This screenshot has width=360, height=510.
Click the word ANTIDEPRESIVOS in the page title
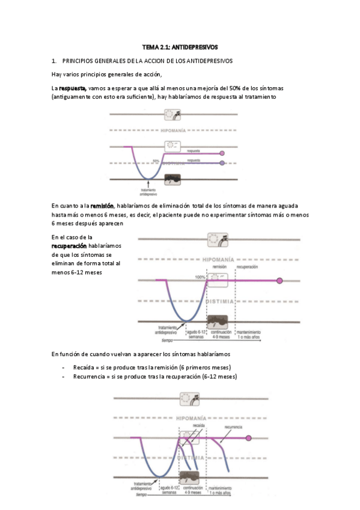(x=198, y=46)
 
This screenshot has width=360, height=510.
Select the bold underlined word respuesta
(x=72, y=88)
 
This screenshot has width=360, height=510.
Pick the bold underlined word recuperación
(x=69, y=246)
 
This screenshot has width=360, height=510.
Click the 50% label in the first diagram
(x=156, y=161)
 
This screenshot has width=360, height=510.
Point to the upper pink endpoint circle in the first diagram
(x=222, y=153)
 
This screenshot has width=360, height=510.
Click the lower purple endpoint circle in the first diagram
(x=222, y=163)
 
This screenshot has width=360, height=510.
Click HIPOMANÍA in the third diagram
(x=198, y=417)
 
